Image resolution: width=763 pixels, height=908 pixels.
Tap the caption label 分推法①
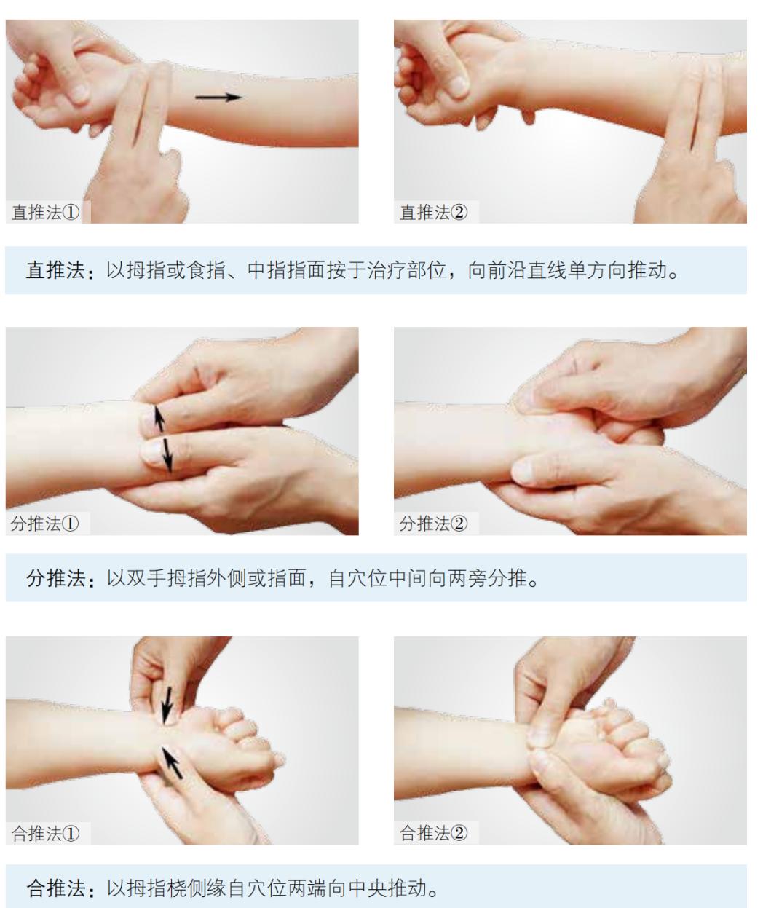(x=46, y=524)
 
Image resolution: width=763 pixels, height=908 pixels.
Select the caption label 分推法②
(x=434, y=524)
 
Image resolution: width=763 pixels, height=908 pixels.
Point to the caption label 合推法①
(x=46, y=833)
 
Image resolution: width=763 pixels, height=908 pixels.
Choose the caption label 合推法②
(x=434, y=833)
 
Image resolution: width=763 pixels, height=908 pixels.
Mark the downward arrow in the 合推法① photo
(x=168, y=703)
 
